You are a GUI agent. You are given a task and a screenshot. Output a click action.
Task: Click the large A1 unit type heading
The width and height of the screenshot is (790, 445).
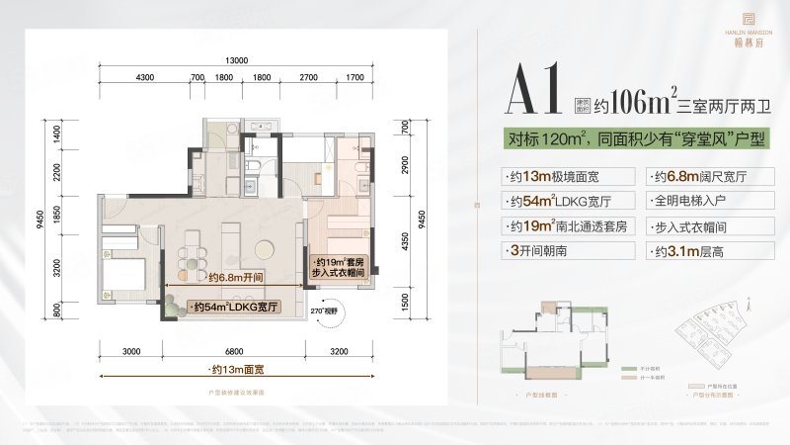coord(533,91)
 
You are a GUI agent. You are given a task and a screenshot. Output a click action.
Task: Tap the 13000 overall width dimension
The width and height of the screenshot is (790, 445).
coord(235,58)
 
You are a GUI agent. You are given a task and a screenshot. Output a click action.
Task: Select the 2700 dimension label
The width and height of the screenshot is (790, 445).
coord(308,76)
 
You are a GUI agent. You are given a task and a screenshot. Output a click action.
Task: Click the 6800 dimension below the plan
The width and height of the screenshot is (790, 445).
coord(234,351)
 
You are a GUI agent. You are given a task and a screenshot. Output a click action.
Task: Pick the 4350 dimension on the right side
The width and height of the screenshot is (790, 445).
coord(405,243)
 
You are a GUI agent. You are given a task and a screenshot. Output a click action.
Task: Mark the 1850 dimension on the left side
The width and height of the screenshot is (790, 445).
coord(56,219)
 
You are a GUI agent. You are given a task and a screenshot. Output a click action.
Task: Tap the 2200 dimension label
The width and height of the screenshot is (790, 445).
coord(56,173)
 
